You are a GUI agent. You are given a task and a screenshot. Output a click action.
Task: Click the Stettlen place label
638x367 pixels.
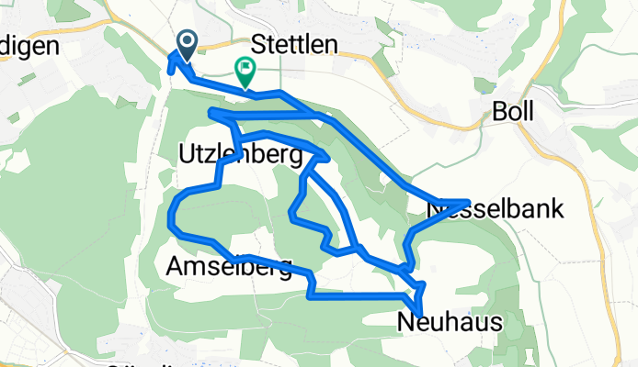(294, 46)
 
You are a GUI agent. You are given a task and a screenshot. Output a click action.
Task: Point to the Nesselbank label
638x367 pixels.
(496, 210)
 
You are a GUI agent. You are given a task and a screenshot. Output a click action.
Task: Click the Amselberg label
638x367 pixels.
(229, 268)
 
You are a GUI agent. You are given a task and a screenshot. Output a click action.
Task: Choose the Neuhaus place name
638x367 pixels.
(450, 322)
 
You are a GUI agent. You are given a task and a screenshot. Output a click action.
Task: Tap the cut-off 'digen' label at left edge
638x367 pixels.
(29, 46)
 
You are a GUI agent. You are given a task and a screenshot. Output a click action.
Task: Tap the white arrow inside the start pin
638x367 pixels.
(187, 40)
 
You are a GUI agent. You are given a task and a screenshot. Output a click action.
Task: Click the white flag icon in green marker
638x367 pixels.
(246, 67)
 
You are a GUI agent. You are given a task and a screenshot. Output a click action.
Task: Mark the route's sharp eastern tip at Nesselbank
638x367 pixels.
(470, 201)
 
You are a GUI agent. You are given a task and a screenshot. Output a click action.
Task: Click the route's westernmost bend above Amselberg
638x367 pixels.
(171, 220)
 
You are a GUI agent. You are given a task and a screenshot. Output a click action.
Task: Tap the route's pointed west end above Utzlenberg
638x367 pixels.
(211, 113)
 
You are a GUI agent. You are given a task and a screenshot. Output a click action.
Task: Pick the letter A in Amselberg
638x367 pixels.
(176, 268)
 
